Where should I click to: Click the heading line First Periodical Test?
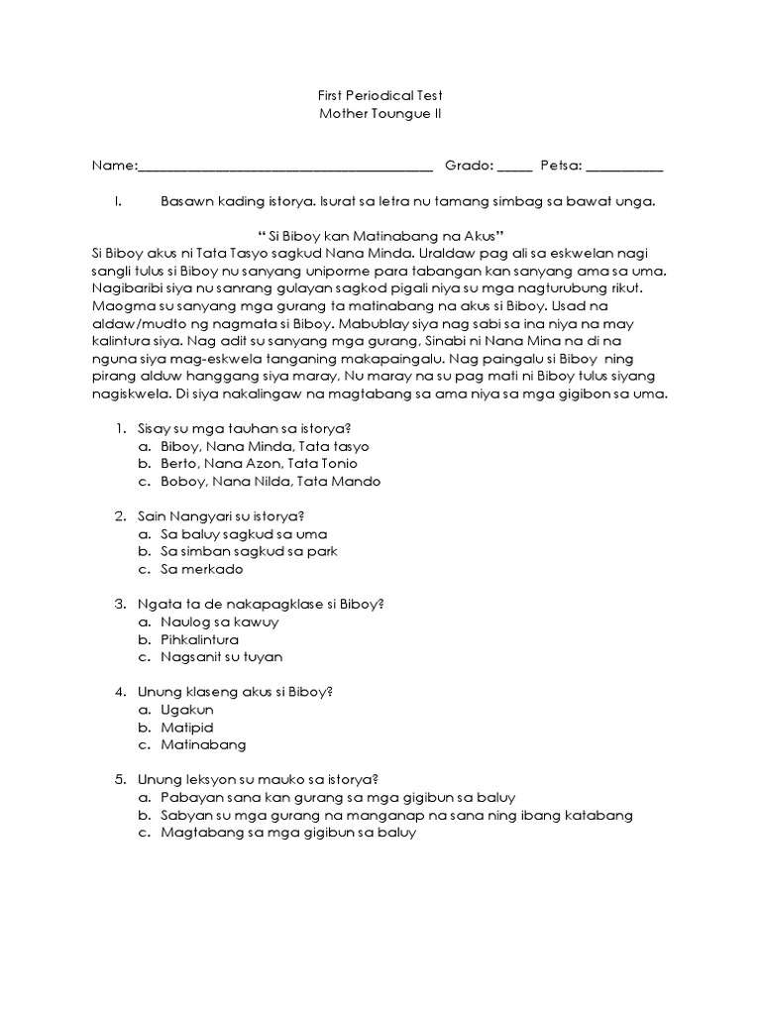pyautogui.click(x=380, y=95)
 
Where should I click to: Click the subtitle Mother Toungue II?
pyautogui.click(x=380, y=113)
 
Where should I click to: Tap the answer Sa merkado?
pyautogui.click(x=202, y=569)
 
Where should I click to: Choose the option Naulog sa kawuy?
pyautogui.click(x=220, y=621)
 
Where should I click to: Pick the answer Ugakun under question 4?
pyautogui.click(x=187, y=710)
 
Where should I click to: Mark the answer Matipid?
pyautogui.click(x=187, y=727)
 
